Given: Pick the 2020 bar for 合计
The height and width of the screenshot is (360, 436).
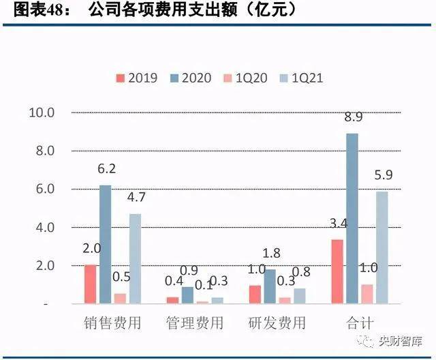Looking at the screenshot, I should [x=352, y=217].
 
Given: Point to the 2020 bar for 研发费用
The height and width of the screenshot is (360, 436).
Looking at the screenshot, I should [x=270, y=286].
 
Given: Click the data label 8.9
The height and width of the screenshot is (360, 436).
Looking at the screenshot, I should [x=352, y=117].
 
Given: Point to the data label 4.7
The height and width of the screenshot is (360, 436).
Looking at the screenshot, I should [x=137, y=198].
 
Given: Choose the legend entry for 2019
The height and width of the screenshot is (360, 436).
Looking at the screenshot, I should [x=138, y=77].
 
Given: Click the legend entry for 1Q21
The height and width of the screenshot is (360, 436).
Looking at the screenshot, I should [x=300, y=77].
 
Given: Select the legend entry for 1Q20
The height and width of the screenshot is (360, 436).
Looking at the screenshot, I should [x=246, y=77].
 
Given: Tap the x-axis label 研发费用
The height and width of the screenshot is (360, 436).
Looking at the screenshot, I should [x=277, y=322].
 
